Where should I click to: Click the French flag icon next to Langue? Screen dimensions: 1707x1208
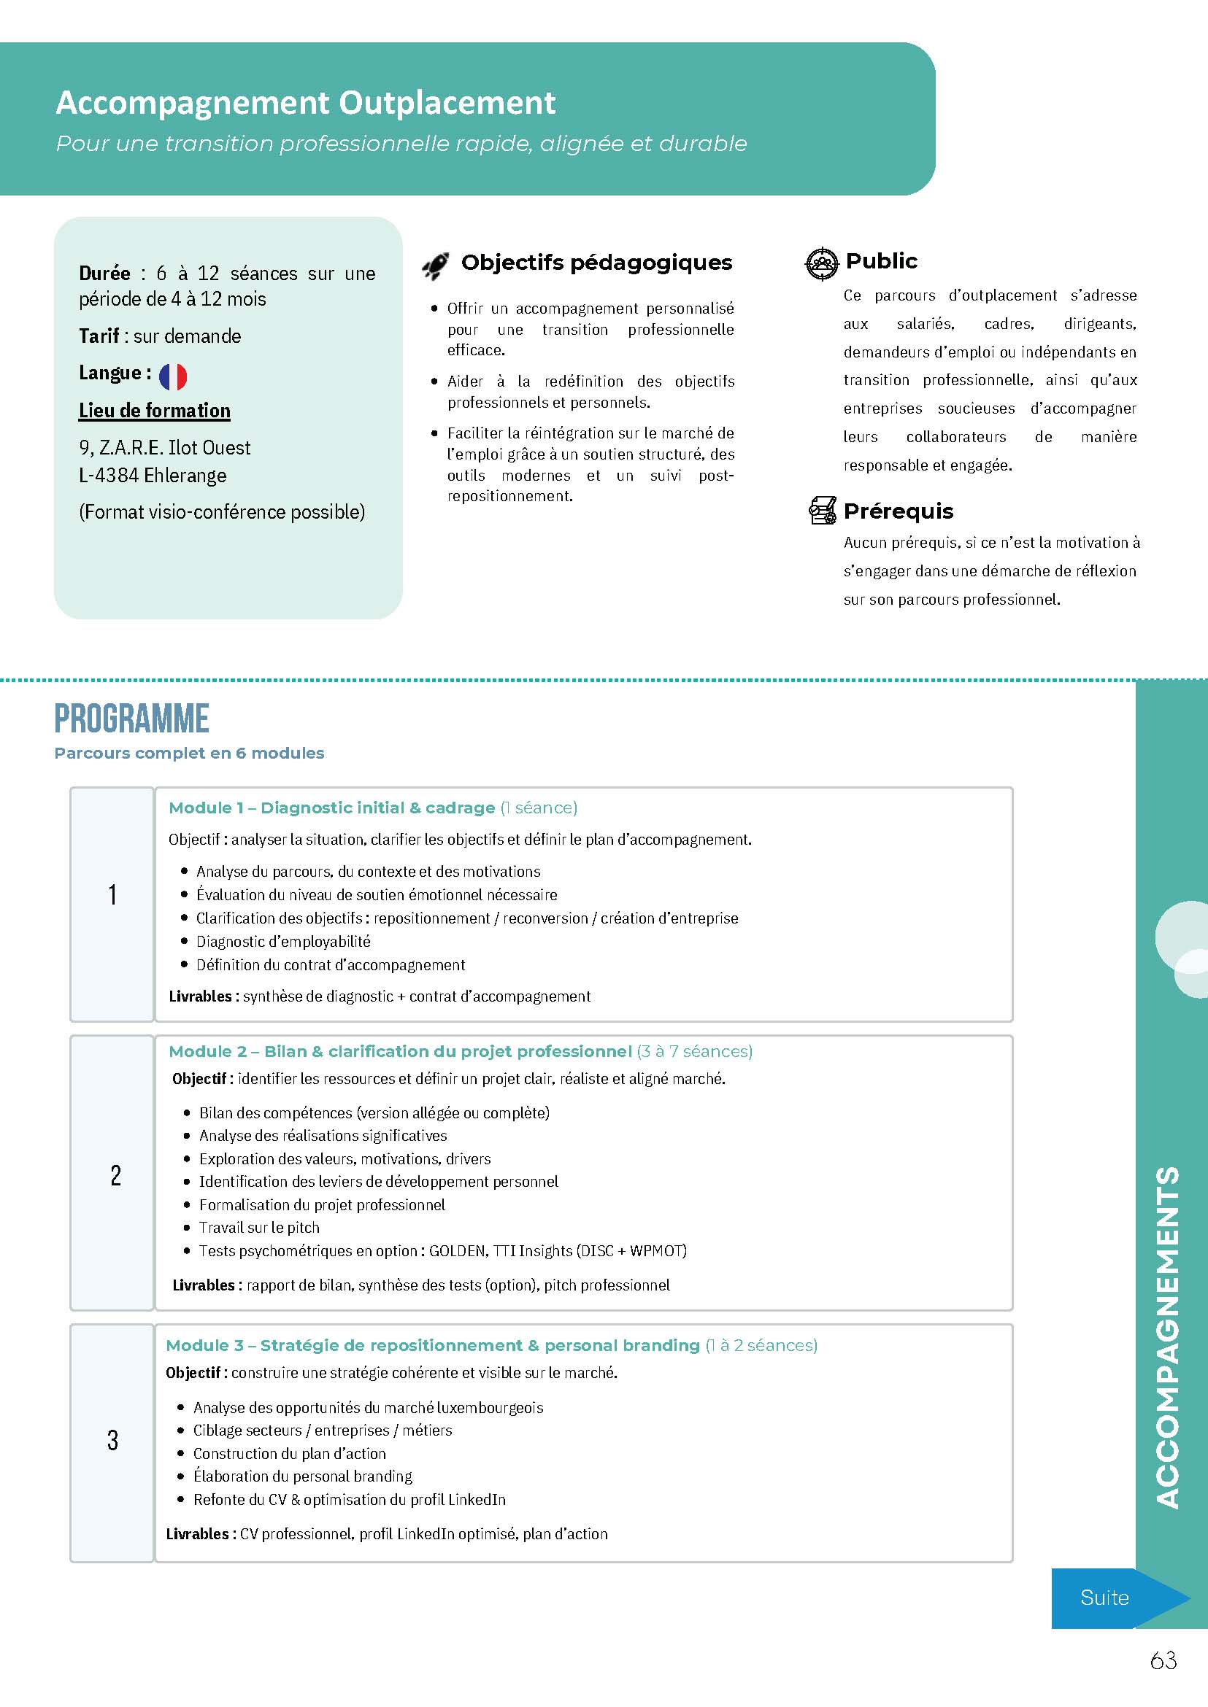172,377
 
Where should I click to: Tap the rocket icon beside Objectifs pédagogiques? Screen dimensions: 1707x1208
435,266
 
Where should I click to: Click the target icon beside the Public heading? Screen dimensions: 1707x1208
822,263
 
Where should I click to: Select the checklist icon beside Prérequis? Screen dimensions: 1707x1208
822,511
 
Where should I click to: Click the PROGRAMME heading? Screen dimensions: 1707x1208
131,719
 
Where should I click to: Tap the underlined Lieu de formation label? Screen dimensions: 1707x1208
155,411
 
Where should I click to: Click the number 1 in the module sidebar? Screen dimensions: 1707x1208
112,894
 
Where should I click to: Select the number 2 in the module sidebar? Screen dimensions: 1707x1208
115,1175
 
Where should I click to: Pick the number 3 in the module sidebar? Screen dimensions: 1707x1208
112,1440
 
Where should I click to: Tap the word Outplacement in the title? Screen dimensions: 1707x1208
447,104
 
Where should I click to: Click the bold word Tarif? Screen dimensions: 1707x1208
99,336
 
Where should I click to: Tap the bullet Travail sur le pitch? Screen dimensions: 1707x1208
259,1228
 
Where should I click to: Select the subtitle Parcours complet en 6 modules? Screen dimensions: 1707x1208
189,753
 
